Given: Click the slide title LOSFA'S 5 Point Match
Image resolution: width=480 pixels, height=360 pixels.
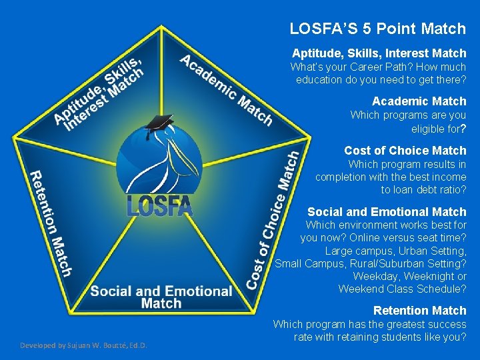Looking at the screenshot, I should coord(377,29).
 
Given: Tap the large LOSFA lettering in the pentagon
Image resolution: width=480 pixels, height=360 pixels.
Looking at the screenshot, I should coord(159,205).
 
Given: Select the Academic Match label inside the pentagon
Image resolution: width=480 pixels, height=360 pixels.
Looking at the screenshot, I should coord(226,90).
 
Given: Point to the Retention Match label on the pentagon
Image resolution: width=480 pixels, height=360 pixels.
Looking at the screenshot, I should coord(51,223).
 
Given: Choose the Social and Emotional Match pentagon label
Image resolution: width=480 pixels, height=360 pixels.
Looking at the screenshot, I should coord(161,297).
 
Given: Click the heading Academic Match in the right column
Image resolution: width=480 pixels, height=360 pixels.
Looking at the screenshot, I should coord(419,101).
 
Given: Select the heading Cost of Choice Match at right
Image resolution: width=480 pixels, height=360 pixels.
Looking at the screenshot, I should coord(405,151).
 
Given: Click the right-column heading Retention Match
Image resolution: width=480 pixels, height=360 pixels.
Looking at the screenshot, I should coord(419,311).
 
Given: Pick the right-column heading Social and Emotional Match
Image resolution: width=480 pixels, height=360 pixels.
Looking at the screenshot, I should coord(387,212).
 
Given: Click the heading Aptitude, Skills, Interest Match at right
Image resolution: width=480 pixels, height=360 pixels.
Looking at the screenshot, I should coord(379,53).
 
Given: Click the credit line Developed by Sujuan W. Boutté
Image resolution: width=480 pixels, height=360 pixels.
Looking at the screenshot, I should coord(83,345).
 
